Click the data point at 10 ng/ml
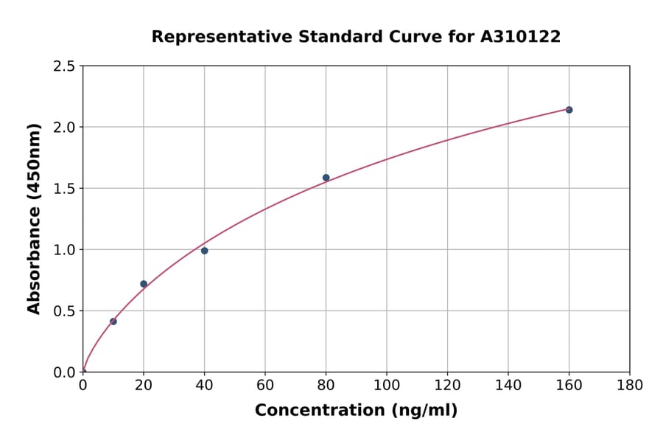click(113, 321)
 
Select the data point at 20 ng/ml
click(144, 284)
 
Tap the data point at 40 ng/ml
click(204, 251)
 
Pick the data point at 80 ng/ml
click(326, 178)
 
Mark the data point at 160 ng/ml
click(569, 110)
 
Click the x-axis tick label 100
click(386, 385)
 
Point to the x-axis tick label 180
click(629, 385)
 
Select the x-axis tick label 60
click(265, 385)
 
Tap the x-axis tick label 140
click(508, 385)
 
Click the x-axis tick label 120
click(447, 385)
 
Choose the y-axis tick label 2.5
click(65, 66)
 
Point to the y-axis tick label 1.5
click(65, 189)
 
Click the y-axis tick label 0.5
click(65, 311)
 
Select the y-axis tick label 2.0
click(65, 128)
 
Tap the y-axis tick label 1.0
click(65, 250)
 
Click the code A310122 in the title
click(521, 37)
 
